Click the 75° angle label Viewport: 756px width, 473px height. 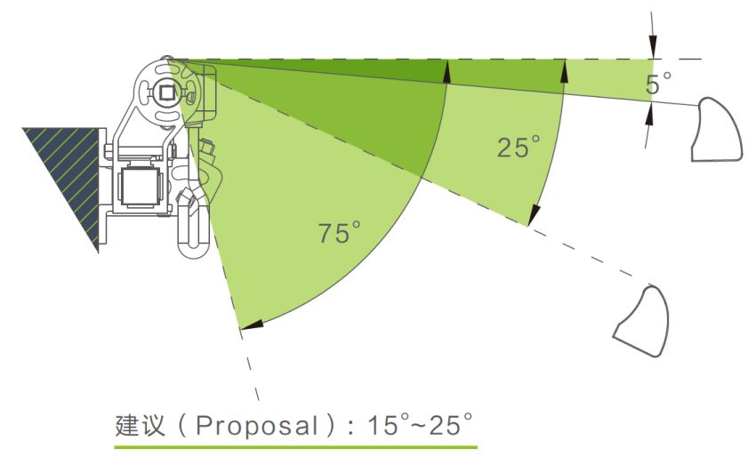(339, 232)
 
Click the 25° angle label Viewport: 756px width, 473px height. (519, 147)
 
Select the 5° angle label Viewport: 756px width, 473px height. (658, 83)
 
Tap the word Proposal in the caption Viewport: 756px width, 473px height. (256, 426)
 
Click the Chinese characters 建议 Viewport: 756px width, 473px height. (141, 425)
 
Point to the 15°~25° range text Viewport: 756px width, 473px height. (420, 424)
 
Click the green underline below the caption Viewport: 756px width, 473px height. (295, 447)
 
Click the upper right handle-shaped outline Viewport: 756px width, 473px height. (717, 129)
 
